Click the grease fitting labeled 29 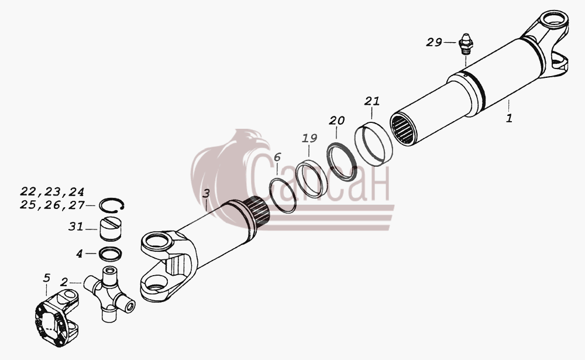point(466,44)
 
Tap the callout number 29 point(434,42)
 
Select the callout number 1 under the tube point(510,118)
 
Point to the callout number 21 point(372,101)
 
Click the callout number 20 point(336,120)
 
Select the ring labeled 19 point(312,179)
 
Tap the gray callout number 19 point(309,138)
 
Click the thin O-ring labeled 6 point(283,196)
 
